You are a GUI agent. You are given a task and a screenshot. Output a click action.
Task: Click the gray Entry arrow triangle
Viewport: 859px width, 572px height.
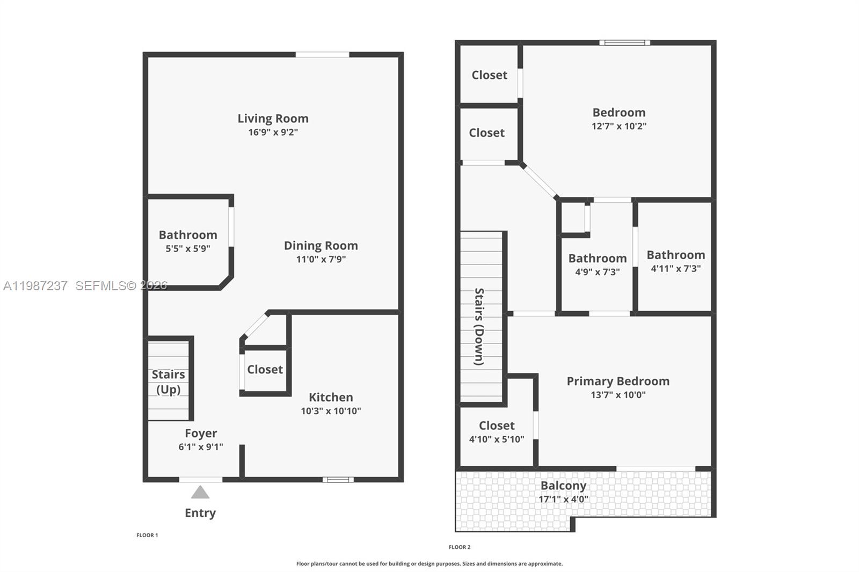200,492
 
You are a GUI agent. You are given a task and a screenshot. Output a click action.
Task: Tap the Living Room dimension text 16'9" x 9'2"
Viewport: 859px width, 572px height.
273,132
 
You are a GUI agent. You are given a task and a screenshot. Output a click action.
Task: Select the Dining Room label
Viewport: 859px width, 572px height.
321,245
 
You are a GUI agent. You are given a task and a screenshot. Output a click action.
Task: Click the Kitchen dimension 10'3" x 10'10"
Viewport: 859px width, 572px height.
331,411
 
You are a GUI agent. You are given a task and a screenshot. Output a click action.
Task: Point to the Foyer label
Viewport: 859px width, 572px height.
201,433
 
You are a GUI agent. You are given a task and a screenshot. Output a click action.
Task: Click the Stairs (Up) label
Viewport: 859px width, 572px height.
168,382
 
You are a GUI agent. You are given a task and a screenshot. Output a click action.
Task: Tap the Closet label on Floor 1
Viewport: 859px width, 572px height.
265,369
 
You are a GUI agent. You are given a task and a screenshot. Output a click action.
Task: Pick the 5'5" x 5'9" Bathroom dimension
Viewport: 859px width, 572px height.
187,248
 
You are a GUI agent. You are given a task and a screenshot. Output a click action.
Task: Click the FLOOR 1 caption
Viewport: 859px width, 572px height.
147,535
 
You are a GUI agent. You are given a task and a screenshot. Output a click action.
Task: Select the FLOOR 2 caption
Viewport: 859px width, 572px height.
460,547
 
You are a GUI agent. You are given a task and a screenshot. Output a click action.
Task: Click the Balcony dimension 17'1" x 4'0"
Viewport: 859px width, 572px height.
563,499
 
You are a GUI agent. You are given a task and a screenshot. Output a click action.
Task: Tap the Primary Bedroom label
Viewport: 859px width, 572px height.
618,381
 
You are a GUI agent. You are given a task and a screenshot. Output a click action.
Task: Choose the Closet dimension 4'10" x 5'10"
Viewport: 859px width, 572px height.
497,439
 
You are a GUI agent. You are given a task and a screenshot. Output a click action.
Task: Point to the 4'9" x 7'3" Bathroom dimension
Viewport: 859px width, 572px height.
597,272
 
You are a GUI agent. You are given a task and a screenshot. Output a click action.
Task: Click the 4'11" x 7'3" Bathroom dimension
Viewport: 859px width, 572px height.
675,268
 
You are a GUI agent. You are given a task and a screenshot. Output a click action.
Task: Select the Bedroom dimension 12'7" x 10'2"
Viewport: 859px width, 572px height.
618,126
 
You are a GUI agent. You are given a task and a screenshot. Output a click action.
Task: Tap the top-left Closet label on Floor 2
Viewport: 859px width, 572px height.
489,75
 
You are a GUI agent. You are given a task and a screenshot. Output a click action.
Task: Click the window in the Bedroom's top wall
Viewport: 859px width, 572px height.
624,42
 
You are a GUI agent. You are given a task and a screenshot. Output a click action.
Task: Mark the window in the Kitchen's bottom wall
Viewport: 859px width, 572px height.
338,479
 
